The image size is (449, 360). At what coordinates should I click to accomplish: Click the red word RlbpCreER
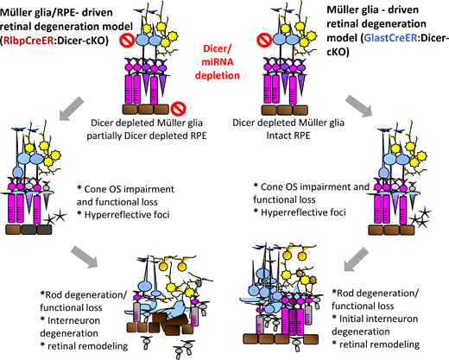pyautogui.click(x=28, y=41)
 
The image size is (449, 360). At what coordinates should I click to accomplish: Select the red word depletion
pyautogui.click(x=218, y=75)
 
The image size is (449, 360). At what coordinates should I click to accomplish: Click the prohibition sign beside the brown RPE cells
pyautogui.click(x=178, y=109)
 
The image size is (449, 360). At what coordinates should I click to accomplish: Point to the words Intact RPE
pyautogui.click(x=288, y=136)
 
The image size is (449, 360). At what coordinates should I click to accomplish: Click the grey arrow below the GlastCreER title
pyautogui.click(x=358, y=106)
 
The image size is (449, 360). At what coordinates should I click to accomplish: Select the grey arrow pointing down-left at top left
pyautogui.click(x=72, y=108)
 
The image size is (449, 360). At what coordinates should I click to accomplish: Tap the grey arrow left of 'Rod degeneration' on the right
pyautogui.click(x=356, y=259)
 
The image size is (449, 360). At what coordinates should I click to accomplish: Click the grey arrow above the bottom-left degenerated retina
pyautogui.click(x=85, y=256)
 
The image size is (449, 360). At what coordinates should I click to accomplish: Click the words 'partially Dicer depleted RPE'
pyautogui.click(x=147, y=136)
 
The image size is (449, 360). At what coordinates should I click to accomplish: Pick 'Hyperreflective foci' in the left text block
pyautogui.click(x=127, y=215)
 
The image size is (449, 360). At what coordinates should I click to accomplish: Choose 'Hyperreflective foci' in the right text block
pyautogui.click(x=303, y=212)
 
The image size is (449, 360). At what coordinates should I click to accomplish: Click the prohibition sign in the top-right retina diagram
pyautogui.click(x=264, y=40)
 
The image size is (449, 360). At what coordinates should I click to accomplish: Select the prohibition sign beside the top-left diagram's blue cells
pyautogui.click(x=127, y=41)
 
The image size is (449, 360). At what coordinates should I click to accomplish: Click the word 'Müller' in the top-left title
pyautogui.click(x=14, y=12)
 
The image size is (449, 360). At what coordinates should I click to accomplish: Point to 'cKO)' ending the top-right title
pyautogui.click(x=338, y=52)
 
